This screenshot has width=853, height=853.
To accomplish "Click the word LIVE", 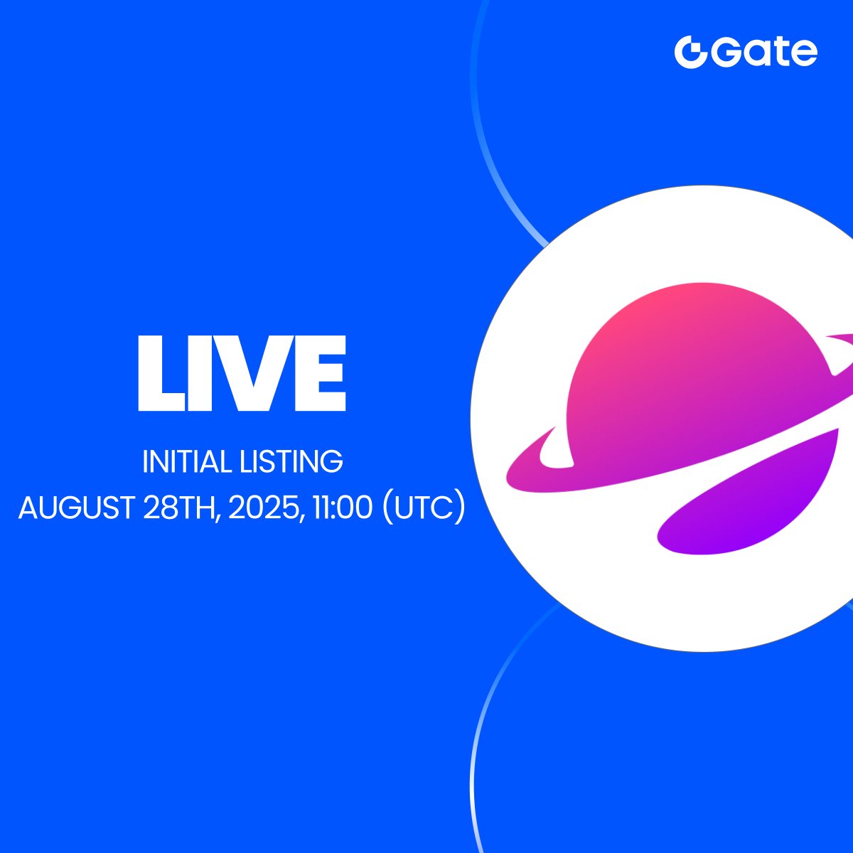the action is tap(242, 373).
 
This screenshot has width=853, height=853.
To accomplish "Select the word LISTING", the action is tap(291, 462).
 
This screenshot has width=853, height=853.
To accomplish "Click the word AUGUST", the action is tap(77, 508).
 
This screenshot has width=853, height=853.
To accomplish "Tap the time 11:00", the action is tap(342, 508).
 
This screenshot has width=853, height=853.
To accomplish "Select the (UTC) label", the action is tap(424, 508).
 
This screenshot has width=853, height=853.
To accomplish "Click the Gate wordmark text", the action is tap(764, 53).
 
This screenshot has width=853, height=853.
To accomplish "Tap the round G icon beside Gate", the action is tap(690, 52).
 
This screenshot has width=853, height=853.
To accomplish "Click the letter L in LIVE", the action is tap(161, 373).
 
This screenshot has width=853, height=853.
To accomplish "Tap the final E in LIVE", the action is tap(320, 373).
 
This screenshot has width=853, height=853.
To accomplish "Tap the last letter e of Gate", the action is tap(805, 55).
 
